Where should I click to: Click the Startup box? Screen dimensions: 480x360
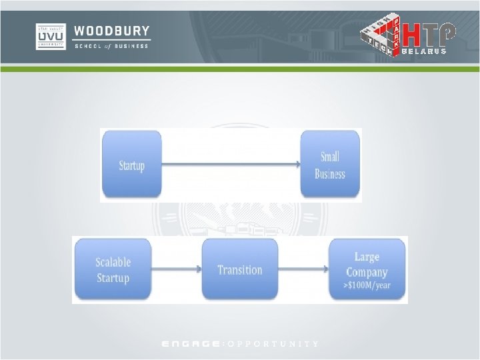(x=131, y=165)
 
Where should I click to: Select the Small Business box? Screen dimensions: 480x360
(x=330, y=165)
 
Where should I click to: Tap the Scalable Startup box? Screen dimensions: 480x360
(x=113, y=270)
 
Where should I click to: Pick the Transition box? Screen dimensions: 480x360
(x=239, y=269)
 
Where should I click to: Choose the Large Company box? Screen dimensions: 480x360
(x=367, y=270)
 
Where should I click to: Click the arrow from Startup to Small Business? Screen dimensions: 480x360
(x=231, y=164)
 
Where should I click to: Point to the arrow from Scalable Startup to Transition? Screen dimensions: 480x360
(x=176, y=269)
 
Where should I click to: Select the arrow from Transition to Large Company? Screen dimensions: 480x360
(x=303, y=269)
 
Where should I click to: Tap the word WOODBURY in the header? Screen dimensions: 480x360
(x=112, y=31)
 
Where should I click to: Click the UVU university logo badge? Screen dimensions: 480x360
(x=51, y=37)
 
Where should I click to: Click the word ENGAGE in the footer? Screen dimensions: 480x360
(x=192, y=344)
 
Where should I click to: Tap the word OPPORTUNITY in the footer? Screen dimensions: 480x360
(x=273, y=344)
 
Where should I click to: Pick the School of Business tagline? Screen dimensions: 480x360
(x=112, y=46)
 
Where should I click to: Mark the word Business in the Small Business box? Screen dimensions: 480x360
(x=330, y=174)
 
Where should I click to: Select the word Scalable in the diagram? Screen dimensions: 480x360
(x=113, y=263)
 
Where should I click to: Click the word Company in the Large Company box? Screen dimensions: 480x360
(x=367, y=272)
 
